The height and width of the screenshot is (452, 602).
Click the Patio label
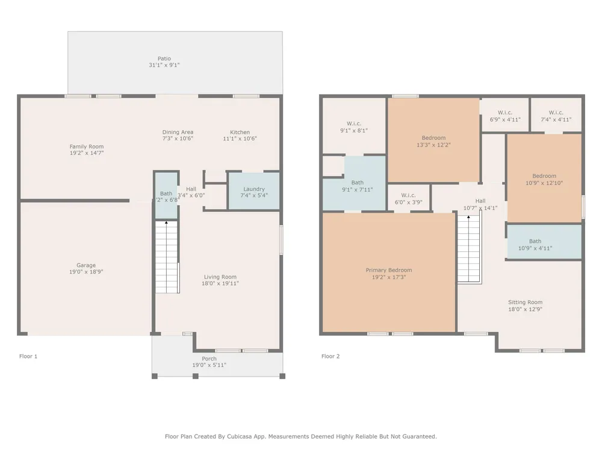[164, 59]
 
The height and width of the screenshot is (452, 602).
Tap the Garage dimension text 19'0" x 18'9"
[86, 272]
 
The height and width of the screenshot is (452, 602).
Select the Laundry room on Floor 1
[254, 191]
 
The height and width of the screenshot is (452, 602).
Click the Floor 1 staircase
[167, 257]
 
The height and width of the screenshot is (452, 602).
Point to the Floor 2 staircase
[469, 249]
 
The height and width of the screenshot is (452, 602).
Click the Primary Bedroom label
[388, 270]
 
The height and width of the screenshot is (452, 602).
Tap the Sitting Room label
[525, 303]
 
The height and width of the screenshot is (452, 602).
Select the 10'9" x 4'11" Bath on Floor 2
[544, 242]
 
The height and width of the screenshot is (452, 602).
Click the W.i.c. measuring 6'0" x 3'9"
[409, 198]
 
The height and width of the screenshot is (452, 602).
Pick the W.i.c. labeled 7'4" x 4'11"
[556, 115]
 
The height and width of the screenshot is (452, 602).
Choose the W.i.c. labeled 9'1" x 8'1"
[354, 126]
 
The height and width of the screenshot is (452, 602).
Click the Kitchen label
[240, 132]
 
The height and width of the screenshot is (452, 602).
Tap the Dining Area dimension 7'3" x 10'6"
[178, 139]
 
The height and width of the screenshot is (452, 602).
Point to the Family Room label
[86, 146]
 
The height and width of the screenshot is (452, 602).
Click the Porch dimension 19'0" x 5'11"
[209, 365]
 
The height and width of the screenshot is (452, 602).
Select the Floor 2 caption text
[330, 356]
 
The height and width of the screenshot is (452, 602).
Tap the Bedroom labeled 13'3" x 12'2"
[433, 140]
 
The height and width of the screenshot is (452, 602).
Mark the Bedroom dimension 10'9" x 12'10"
[544, 183]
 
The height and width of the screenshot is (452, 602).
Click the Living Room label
[220, 277]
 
